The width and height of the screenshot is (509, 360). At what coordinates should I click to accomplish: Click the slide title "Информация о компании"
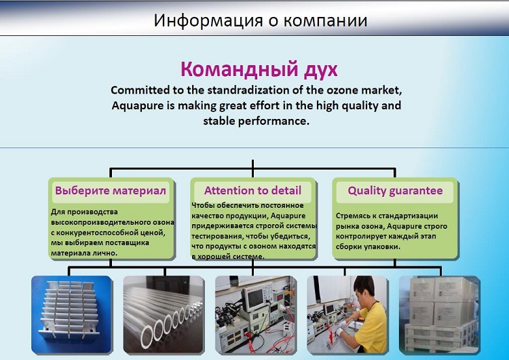coord(261,20)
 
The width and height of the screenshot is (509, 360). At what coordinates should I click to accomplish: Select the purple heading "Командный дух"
coord(259,69)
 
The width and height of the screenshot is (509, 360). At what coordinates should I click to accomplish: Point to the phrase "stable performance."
coord(256,121)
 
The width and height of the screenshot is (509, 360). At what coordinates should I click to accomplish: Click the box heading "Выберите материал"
coord(111,190)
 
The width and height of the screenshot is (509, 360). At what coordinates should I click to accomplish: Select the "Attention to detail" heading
coord(253,190)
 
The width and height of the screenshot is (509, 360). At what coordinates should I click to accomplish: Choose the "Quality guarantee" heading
coord(395,191)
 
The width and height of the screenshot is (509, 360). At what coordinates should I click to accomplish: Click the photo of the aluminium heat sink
coord(71,314)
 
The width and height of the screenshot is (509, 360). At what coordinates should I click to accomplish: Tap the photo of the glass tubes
coord(164,314)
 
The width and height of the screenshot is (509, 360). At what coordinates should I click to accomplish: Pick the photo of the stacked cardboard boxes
coord(440,314)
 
